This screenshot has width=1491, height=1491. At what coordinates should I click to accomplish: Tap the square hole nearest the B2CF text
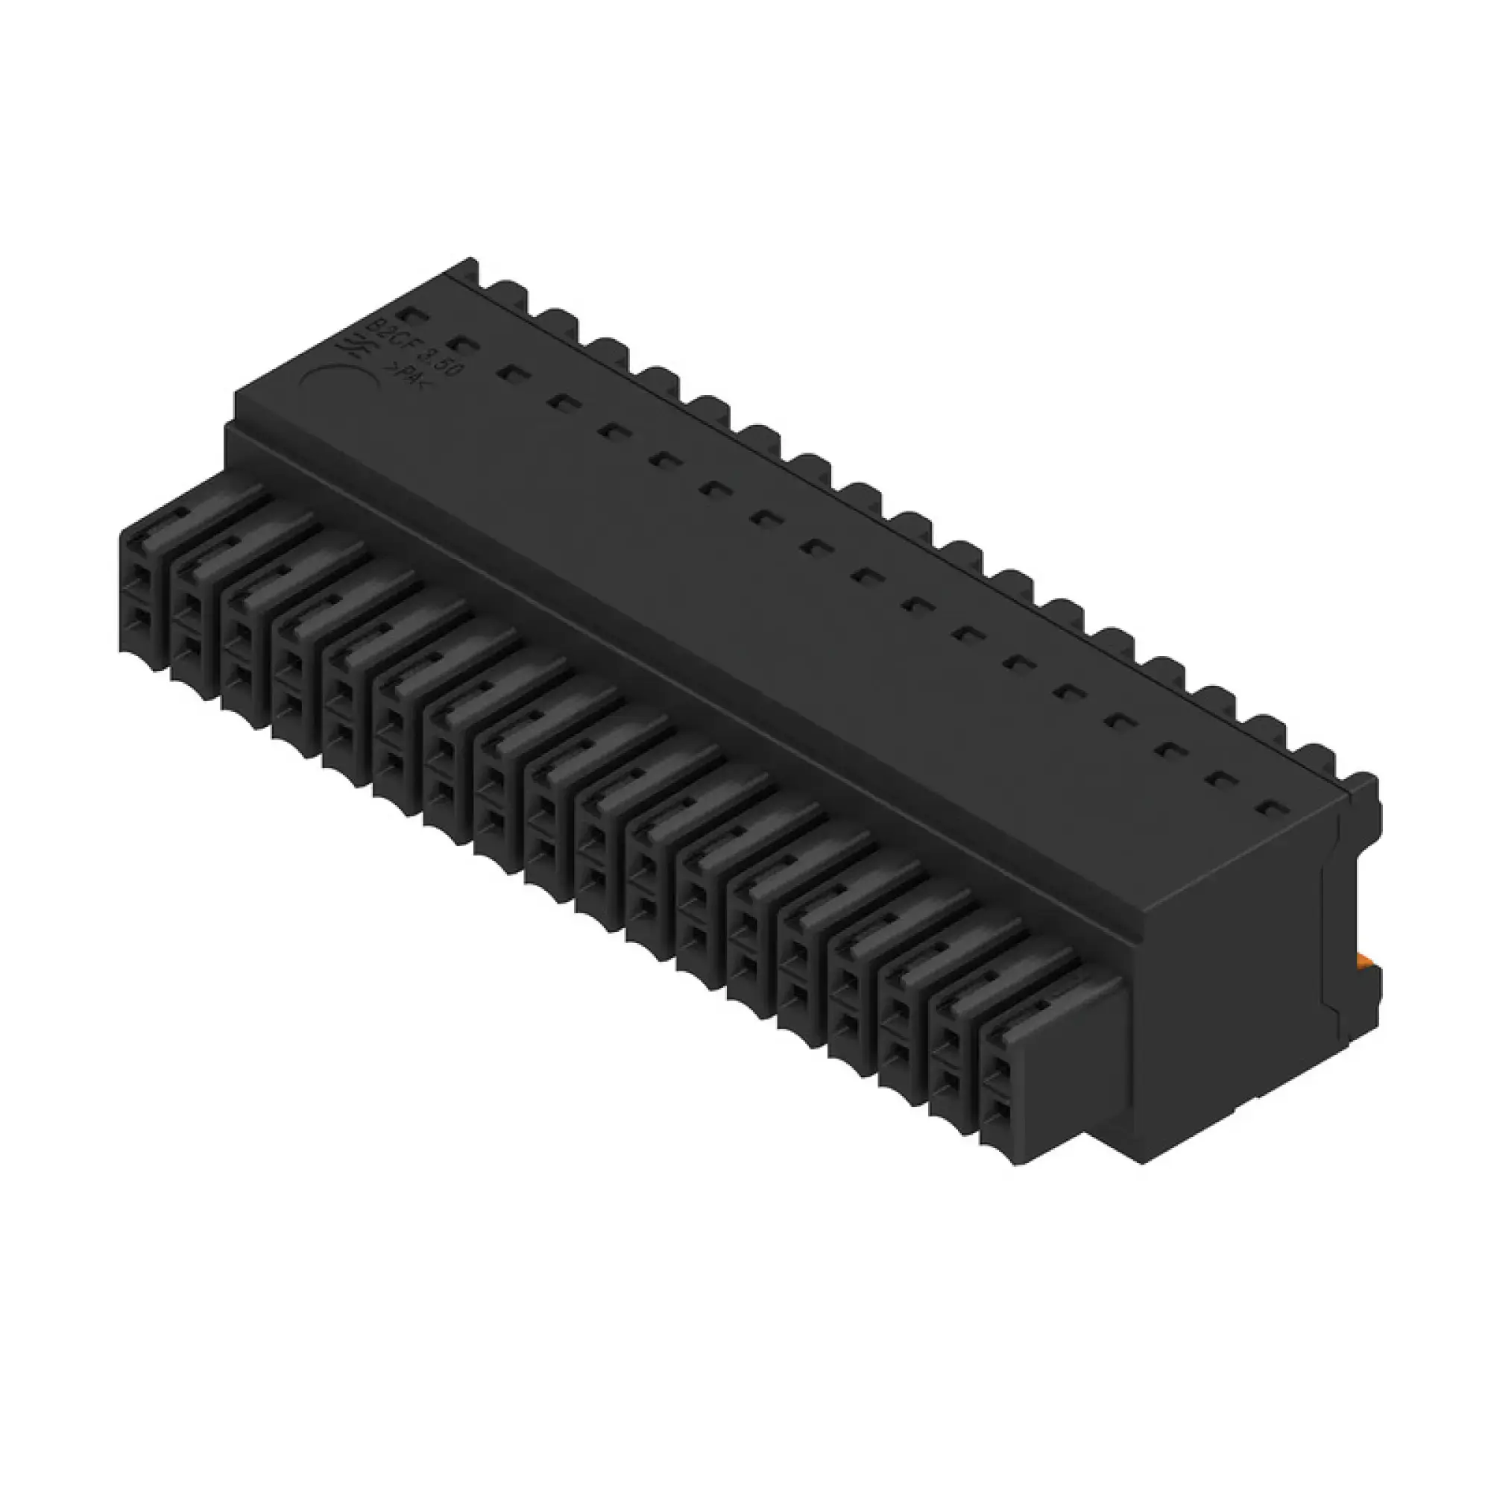[407, 315]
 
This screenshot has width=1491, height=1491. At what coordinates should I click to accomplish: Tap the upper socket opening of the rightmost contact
[1000, 1069]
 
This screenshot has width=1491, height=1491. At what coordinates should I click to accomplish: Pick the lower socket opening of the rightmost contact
[1000, 1112]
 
